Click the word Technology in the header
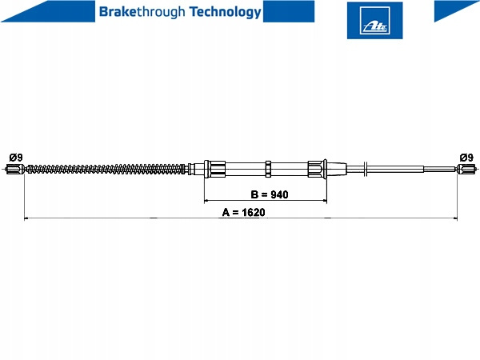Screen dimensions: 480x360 click(x=226, y=12)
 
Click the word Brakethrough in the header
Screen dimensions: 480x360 click(x=142, y=12)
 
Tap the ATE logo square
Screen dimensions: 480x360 click(x=374, y=21)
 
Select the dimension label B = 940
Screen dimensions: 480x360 click(x=270, y=194)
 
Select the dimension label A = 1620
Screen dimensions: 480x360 click(x=244, y=212)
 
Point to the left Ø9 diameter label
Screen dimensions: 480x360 click(x=16, y=158)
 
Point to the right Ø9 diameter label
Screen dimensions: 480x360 click(x=466, y=158)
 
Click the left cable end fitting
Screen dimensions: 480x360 click(x=14, y=169)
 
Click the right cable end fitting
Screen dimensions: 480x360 click(x=466, y=169)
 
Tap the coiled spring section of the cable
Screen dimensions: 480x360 click(x=106, y=169)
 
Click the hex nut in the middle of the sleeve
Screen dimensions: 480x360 click(x=268, y=169)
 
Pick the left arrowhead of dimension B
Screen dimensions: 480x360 click(x=206, y=201)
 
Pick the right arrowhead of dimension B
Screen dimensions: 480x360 click(x=325, y=201)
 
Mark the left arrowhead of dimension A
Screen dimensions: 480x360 click(x=26, y=218)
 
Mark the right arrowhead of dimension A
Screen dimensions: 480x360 click(x=455, y=218)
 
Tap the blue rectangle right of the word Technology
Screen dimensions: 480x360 click(x=289, y=11)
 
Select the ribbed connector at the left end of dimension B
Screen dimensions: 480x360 click(x=215, y=169)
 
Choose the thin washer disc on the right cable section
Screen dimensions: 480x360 click(x=366, y=169)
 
